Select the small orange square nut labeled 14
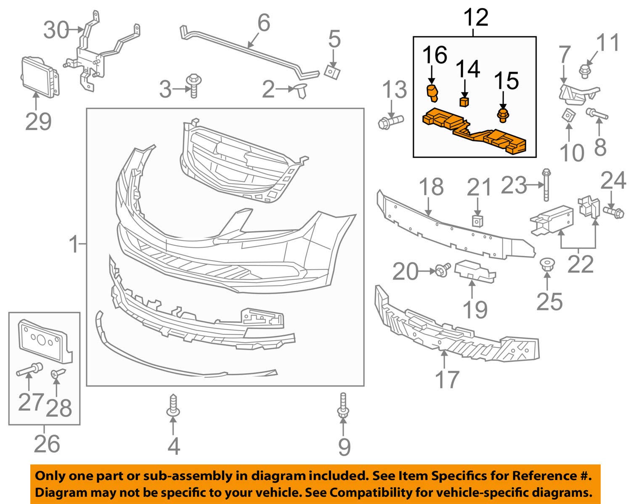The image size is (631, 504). pyautogui.click(x=464, y=101)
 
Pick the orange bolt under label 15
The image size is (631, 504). pyautogui.click(x=502, y=115)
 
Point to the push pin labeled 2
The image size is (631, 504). pyautogui.click(x=301, y=89)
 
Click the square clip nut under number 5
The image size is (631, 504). pyautogui.click(x=332, y=72)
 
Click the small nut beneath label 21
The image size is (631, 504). pyautogui.click(x=477, y=220)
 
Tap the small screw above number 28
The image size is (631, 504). pyautogui.click(x=57, y=373)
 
